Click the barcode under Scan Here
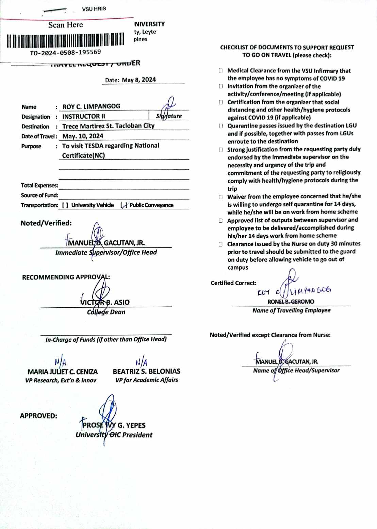(x=65, y=40)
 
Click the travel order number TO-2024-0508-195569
(x=65, y=52)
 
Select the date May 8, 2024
(x=139, y=80)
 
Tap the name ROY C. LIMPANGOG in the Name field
(x=91, y=106)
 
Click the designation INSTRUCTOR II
(x=84, y=116)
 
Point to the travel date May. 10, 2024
(x=83, y=136)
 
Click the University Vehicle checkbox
(x=65, y=205)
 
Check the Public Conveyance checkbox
(x=124, y=205)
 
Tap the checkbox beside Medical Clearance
(x=220, y=71)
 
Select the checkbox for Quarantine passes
(x=220, y=126)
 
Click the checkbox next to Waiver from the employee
(x=220, y=197)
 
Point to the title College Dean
(x=106, y=312)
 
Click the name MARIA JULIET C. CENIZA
(x=63, y=372)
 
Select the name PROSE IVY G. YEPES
(x=114, y=425)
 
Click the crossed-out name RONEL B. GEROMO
(x=291, y=302)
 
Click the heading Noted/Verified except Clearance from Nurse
(x=270, y=335)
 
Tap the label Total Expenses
(x=39, y=186)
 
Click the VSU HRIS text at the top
(x=94, y=9)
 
